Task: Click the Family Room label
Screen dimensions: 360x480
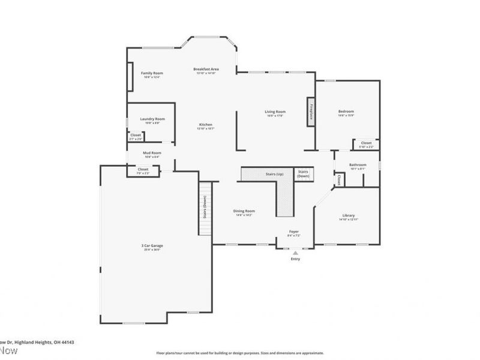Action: point(152,73)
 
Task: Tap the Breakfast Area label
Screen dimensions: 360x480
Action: point(206,69)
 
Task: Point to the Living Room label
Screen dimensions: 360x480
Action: point(275,111)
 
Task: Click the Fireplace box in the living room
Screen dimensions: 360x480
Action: point(311,112)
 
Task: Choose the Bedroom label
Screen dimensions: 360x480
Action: point(346,111)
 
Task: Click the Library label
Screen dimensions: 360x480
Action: point(349,215)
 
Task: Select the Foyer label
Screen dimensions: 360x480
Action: point(294,231)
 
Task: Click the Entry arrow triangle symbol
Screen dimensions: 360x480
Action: point(295,253)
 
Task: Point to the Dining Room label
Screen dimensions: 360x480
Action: point(244,211)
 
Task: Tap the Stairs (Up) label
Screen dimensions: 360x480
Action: point(274,174)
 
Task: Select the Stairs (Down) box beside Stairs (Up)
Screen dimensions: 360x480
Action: point(304,174)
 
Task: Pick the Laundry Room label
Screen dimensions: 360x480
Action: point(152,119)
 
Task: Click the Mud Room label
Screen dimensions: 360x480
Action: point(152,153)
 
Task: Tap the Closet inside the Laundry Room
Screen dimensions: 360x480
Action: point(136,136)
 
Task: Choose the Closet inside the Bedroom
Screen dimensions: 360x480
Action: point(366,143)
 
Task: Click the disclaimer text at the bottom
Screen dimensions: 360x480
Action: point(240,353)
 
